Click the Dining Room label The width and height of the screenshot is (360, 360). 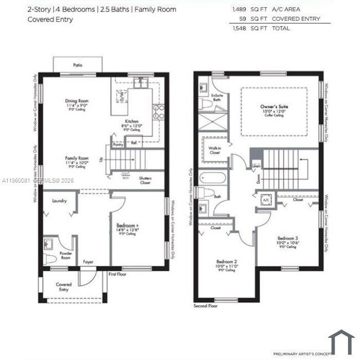(x=76, y=101)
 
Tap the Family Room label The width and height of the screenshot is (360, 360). (x=76, y=158)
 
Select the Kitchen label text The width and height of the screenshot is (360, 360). (x=131, y=122)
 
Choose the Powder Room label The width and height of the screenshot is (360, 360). (x=65, y=256)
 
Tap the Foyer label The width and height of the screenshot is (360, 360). (x=88, y=261)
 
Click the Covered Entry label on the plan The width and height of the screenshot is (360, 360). (x=63, y=286)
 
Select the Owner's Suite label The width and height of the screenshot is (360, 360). (x=275, y=106)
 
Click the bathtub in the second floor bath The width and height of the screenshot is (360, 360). (x=212, y=179)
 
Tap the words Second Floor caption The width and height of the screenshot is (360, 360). (x=204, y=306)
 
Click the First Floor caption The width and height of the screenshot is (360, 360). (x=117, y=274)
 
